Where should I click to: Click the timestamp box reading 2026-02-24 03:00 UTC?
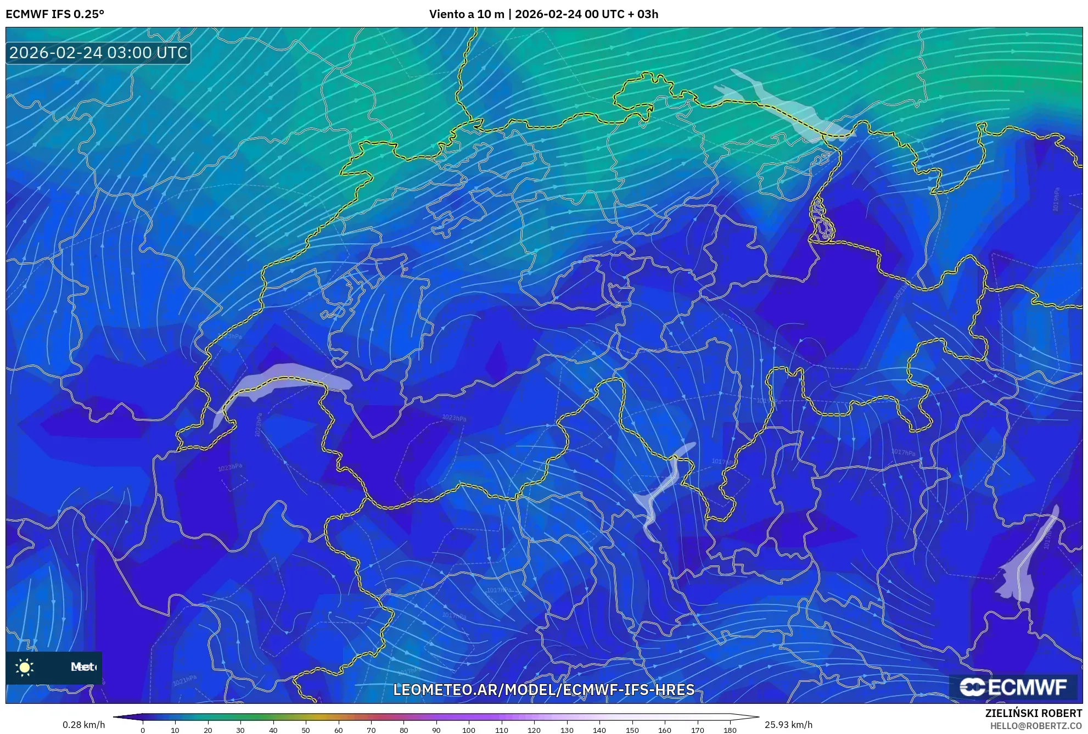[98, 53]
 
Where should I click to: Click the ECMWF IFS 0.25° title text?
[55, 14]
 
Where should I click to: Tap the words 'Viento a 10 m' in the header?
[467, 14]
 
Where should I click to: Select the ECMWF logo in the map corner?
[1013, 687]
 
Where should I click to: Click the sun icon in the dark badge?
[25, 667]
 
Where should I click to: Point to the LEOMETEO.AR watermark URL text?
[543, 690]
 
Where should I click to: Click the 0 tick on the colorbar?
[143, 730]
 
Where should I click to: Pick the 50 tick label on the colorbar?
[306, 730]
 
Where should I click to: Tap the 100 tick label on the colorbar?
[469, 730]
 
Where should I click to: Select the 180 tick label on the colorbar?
[730, 730]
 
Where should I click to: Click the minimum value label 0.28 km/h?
[83, 725]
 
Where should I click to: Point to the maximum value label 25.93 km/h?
[788, 725]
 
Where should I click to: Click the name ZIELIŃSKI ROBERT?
[1034, 714]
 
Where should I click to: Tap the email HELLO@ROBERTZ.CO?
[1036, 726]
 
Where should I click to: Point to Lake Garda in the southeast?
[1027, 565]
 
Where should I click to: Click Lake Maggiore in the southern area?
[661, 489]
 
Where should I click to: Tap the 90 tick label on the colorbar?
[436, 730]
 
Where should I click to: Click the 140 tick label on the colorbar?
[599, 730]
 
